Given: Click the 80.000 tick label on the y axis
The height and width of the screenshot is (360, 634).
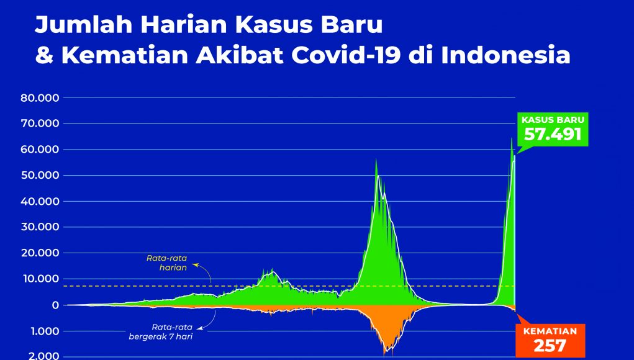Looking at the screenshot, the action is click(x=40, y=98).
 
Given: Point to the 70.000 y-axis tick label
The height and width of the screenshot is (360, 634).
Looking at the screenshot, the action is click(x=40, y=124).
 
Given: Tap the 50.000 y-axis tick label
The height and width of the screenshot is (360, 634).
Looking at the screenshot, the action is click(x=40, y=176).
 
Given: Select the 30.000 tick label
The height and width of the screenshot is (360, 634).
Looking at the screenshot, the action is click(x=40, y=227).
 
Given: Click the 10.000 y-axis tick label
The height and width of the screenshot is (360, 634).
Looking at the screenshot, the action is click(x=40, y=279).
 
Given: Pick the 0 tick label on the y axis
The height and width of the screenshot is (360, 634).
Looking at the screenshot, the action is click(x=55, y=305).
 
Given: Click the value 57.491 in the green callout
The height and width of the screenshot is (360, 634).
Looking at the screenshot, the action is click(x=553, y=134).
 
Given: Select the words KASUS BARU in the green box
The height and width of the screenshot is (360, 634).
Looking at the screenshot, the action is click(x=553, y=120).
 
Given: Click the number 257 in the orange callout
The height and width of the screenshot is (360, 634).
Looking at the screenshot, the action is click(x=550, y=346).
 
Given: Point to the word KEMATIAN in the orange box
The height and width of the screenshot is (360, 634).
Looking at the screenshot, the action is click(x=550, y=331).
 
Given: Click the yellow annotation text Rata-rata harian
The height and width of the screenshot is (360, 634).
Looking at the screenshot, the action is click(x=167, y=263).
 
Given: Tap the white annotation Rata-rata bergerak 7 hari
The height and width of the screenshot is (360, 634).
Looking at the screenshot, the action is click(x=161, y=331).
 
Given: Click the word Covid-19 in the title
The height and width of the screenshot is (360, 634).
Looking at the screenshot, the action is click(x=346, y=55).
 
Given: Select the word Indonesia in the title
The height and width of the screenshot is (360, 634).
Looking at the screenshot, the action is click(x=505, y=55).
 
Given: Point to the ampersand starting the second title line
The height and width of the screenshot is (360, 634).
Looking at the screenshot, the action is click(x=44, y=55).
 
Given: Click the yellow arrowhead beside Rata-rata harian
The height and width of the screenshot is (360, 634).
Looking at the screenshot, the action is click(x=194, y=265).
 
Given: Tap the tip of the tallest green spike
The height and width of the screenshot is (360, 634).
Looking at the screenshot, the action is click(x=512, y=138).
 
